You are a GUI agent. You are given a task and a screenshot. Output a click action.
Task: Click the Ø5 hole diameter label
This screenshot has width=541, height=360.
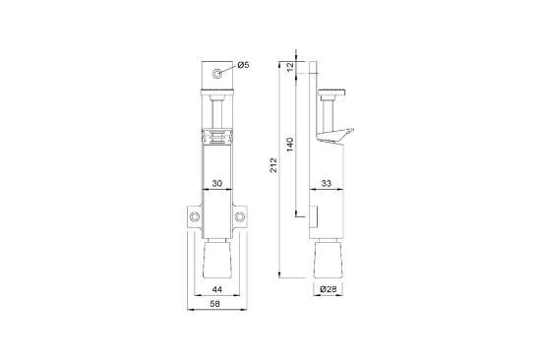click(x=243, y=65)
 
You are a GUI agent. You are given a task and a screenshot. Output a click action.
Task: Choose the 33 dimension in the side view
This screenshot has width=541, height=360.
click(x=325, y=182)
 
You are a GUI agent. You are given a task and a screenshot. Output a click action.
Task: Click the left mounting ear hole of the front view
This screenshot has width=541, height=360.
click(x=196, y=217)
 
